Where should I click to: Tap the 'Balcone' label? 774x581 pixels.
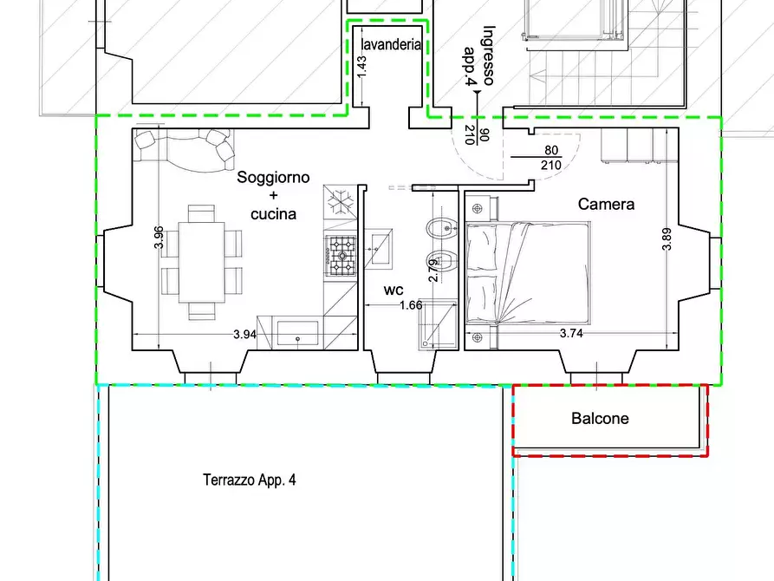click(x=600, y=419)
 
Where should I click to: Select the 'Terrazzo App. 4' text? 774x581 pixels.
click(x=250, y=480)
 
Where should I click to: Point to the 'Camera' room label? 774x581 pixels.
click(x=606, y=205)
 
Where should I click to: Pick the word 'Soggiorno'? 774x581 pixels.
click(x=273, y=178)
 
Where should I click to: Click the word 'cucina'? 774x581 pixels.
click(x=273, y=213)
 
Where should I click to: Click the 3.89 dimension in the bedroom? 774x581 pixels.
click(x=667, y=238)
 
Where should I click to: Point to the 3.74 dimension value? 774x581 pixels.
click(x=571, y=334)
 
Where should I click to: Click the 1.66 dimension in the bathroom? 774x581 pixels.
click(x=410, y=305)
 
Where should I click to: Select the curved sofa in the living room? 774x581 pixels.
click(x=185, y=148)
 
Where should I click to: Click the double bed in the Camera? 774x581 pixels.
click(x=528, y=272)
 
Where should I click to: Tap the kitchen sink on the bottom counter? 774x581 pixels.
click(x=298, y=335)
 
